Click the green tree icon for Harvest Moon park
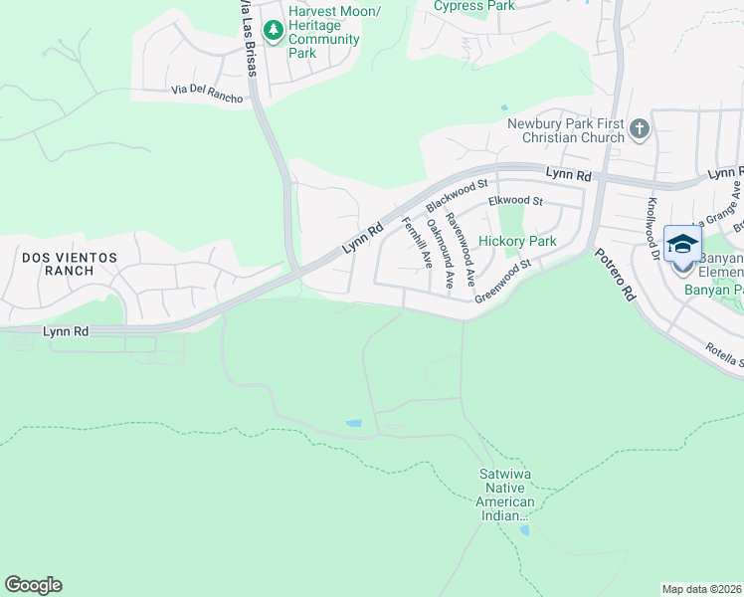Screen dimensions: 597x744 click(x=273, y=26)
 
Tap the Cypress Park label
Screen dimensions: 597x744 click(x=474, y=6)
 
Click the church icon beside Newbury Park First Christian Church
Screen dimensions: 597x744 click(x=639, y=127)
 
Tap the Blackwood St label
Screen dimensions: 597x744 click(x=458, y=194)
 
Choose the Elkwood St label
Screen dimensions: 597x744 click(x=515, y=202)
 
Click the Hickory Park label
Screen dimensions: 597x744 click(x=517, y=241)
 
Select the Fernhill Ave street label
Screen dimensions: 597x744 click(x=416, y=242)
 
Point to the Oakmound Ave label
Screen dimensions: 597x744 click(x=441, y=255)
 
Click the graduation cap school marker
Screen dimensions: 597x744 click(x=682, y=245)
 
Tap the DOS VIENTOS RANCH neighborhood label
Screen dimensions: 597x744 click(x=70, y=265)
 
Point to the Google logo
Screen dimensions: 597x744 click(x=33, y=585)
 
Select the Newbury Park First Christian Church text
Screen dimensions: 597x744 click(x=566, y=130)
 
